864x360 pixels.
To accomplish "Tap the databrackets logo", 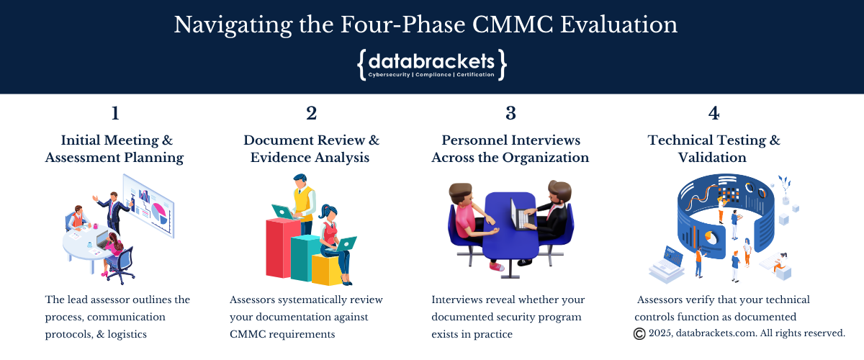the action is (431, 65).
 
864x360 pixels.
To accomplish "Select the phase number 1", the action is (115, 114).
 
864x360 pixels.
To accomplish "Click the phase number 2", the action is (312, 114).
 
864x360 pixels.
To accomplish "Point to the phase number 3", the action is (510, 114).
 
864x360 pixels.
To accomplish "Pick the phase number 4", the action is (714, 114).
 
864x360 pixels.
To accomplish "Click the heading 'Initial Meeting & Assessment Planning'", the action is (114, 149).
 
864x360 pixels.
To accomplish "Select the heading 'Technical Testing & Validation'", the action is (714, 149).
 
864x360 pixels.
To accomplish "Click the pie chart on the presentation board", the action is (159, 213).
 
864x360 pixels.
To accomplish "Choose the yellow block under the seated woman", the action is (328, 270).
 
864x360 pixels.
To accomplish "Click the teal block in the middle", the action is (305, 258).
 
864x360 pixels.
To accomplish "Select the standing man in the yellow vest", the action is (303, 204).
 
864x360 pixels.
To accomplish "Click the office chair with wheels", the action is (121, 266).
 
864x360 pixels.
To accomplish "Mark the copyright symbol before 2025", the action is (639, 334).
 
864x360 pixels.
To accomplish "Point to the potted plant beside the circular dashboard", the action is (785, 190).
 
